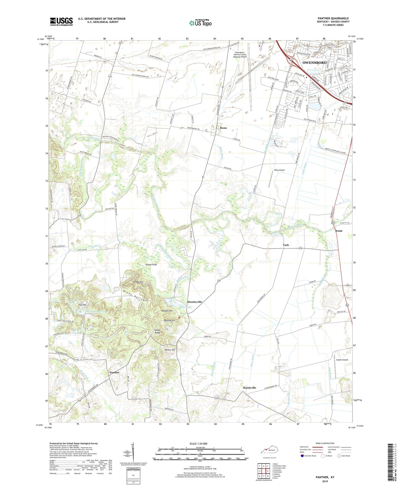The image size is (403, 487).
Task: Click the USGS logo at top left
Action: click(x=61, y=21)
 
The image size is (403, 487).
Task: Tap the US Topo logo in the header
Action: click(x=200, y=23)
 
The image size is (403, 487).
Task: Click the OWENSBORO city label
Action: click(x=314, y=63)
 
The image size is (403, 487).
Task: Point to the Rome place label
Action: click(x=223, y=128)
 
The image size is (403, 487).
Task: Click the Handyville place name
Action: click(x=249, y=388)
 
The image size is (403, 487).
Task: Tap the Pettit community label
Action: click(x=339, y=231)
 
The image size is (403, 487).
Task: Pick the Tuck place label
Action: click(x=286, y=245)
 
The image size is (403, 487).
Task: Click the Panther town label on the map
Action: click(x=114, y=372)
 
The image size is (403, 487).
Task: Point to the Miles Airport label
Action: click(x=279, y=170)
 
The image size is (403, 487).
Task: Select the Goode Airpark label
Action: click(x=342, y=360)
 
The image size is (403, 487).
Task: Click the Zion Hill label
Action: click(x=82, y=305)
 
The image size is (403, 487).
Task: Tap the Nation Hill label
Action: click(x=170, y=350)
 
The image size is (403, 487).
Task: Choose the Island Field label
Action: click(x=151, y=264)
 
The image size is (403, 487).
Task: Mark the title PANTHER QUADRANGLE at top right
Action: click(x=333, y=18)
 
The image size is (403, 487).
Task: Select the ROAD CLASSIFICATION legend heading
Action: click(x=323, y=443)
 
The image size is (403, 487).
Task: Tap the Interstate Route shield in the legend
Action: click(x=303, y=456)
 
